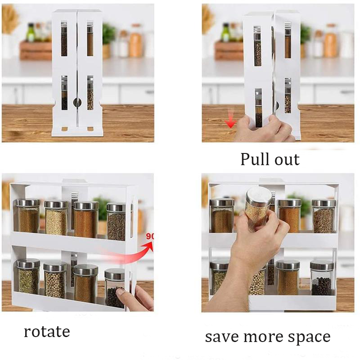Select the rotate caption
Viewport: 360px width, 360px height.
[47, 332]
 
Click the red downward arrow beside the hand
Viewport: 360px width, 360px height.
[231, 121]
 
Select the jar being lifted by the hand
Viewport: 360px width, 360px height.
[258, 209]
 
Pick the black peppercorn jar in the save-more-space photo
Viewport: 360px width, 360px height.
[322, 279]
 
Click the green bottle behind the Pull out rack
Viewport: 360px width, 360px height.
[225, 33]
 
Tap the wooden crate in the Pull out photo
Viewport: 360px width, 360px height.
[228, 50]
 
